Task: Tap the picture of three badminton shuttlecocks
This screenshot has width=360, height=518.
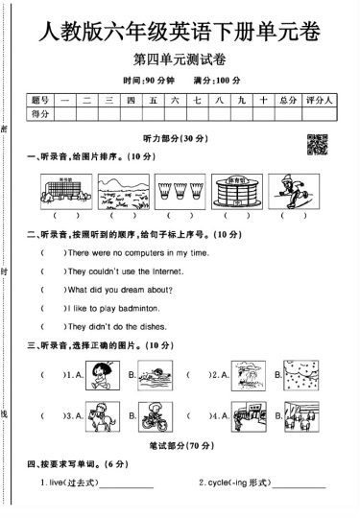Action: (173, 188)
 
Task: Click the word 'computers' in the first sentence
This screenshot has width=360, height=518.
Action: (141, 252)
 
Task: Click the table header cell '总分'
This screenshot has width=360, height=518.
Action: (289, 100)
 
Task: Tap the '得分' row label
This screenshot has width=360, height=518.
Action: (39, 114)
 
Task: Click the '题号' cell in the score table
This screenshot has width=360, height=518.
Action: (39, 100)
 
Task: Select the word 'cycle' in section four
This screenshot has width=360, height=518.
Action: (218, 483)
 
